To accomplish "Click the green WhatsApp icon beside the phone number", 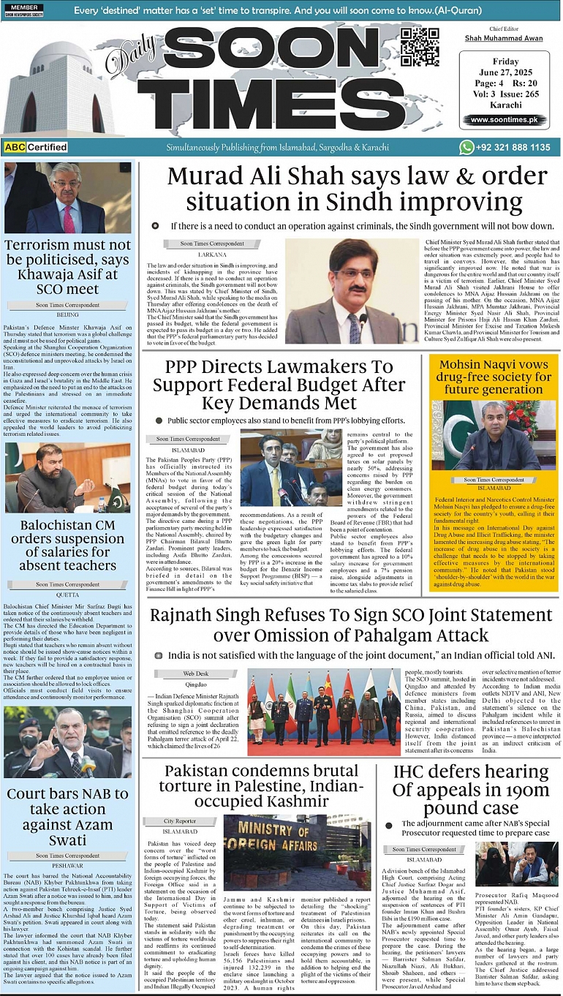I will (466, 147).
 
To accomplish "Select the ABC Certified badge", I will (36, 147).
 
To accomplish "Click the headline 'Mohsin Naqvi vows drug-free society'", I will (493, 377).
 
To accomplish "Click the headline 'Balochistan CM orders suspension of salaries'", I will (67, 545).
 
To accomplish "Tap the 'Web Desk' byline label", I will (195, 673).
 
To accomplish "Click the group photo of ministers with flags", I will (324, 712).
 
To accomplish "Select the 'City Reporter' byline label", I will (179, 821).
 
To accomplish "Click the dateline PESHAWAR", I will (67, 865).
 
